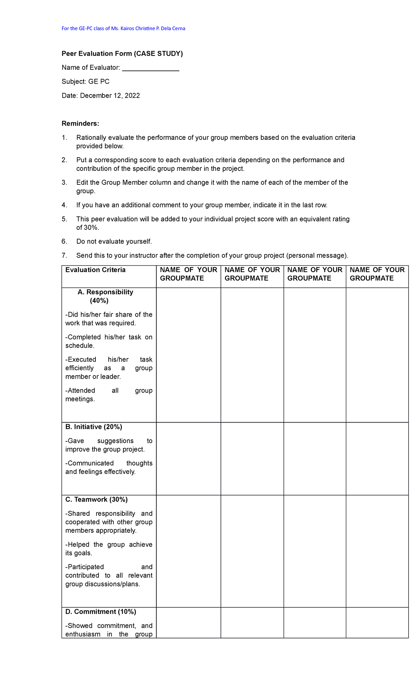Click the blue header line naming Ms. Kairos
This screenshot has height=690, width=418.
[123, 29]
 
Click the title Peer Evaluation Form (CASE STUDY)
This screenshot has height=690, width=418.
[122, 54]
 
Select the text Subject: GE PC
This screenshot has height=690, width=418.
[85, 82]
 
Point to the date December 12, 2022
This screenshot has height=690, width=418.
[110, 96]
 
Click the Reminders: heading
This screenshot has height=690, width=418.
[80, 124]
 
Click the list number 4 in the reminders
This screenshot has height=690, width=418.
[64, 205]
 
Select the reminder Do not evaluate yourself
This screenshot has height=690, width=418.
[114, 242]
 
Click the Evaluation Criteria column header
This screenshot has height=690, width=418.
[95, 270]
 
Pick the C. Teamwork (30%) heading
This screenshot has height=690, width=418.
[96, 500]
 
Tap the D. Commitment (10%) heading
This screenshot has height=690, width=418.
[100, 612]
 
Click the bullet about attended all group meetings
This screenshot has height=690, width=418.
[109, 395]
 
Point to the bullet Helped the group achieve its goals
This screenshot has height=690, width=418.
[109, 549]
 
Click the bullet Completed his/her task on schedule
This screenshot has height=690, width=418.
[109, 341]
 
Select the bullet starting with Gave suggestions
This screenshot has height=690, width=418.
[109, 445]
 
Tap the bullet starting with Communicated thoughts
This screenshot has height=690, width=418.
[109, 468]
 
